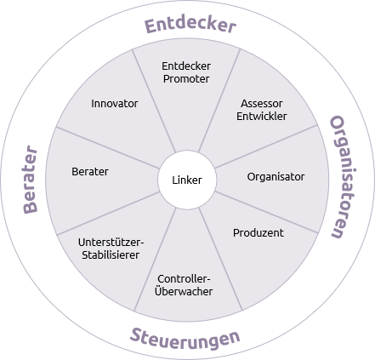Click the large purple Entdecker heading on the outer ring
click(x=190, y=25)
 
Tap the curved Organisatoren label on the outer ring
click(x=344, y=177)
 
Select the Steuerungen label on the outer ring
click(x=185, y=339)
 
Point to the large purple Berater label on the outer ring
click(x=30, y=180)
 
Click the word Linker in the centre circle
click(x=187, y=180)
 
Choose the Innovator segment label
click(x=115, y=104)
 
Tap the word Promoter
click(x=186, y=79)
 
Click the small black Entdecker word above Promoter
click(x=186, y=66)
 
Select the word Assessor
click(x=262, y=104)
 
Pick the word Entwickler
click(x=262, y=117)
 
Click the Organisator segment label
click(x=276, y=177)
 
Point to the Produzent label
click(x=259, y=233)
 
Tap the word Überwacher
click(x=184, y=291)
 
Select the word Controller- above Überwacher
click(x=184, y=279)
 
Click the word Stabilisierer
click(x=111, y=254)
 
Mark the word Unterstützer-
click(x=111, y=243)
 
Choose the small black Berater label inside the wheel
click(x=90, y=172)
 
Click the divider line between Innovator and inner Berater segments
click(x=108, y=148)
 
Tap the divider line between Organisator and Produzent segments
click(x=266, y=212)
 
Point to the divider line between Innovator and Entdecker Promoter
click(x=154, y=101)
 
